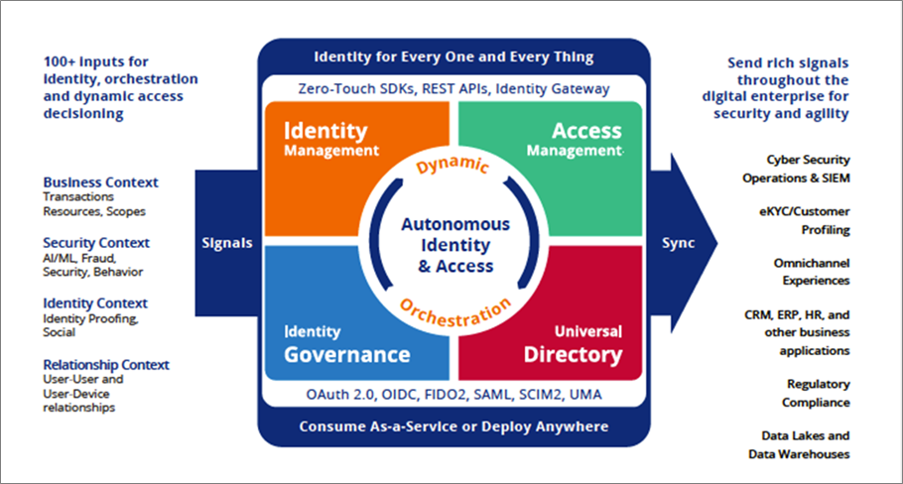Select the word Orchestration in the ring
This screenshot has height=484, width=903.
click(x=454, y=316)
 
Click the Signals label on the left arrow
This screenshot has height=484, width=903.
click(x=226, y=243)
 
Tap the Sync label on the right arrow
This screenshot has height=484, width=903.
click(x=678, y=243)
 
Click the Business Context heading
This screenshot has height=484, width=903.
click(x=100, y=182)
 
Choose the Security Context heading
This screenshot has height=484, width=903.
click(x=96, y=243)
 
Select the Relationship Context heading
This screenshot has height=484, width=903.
click(x=106, y=365)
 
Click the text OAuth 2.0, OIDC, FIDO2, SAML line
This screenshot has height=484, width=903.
click(x=453, y=396)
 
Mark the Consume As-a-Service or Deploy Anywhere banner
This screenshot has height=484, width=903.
click(x=453, y=427)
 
